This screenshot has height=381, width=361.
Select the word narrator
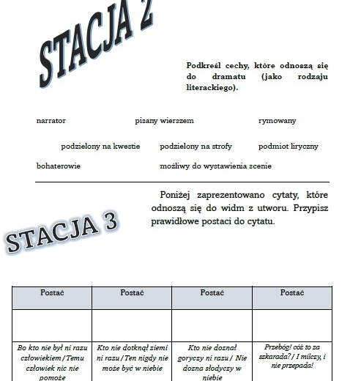coord(51,121)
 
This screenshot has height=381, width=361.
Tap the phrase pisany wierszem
coord(164,121)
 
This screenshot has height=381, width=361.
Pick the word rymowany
coord(278,121)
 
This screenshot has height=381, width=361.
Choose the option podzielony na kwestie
coord(100,147)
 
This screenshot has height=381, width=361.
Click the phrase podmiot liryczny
coord(289,147)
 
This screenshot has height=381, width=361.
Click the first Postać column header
coord(51,293)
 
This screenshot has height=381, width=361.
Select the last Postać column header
coord(291,293)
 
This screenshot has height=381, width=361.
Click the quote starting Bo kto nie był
coord(51,361)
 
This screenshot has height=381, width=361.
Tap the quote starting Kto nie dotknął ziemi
coord(132,361)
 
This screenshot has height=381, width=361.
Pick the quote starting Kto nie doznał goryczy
coord(212,361)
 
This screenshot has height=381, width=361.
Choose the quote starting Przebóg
coord(291,356)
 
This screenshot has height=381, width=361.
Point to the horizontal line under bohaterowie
coord(182,182)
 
